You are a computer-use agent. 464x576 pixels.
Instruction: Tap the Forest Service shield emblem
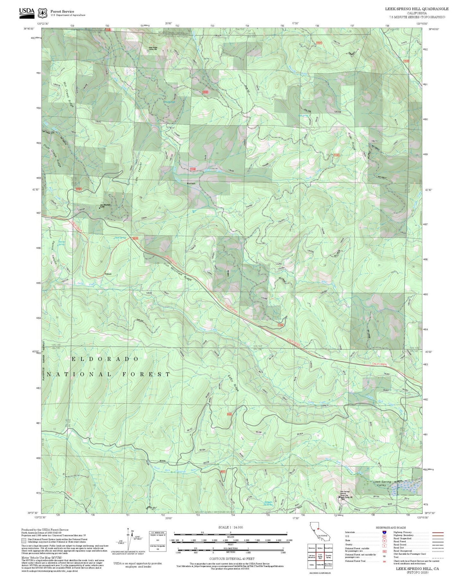click(x=42, y=13)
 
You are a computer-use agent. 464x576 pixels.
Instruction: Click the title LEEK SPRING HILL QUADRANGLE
click(x=417, y=9)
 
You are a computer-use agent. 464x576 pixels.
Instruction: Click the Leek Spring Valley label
click(x=382, y=483)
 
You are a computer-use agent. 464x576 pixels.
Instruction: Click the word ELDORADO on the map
click(x=105, y=359)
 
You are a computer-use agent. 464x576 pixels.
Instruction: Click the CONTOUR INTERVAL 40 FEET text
click(x=232, y=559)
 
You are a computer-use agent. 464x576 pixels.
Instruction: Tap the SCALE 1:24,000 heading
click(x=230, y=527)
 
